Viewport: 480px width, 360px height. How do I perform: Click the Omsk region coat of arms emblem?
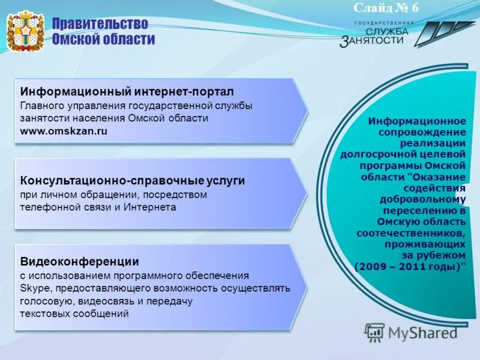tap(25, 31)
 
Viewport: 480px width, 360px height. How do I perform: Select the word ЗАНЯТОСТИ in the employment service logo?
tap(376, 41)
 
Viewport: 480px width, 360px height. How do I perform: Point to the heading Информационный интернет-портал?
tap(127, 92)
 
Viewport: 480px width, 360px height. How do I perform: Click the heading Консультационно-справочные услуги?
tap(133, 181)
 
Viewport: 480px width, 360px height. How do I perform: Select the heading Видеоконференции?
tap(80, 262)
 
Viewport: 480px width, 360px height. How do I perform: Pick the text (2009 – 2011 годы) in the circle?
tap(410, 266)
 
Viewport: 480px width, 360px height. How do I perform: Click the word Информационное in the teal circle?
tap(416, 121)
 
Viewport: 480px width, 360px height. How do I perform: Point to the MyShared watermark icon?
tap(374, 332)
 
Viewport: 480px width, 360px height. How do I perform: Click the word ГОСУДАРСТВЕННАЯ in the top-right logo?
tap(384, 22)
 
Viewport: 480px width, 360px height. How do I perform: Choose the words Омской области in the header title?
tap(103, 40)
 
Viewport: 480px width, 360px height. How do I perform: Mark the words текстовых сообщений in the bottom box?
tap(74, 314)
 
